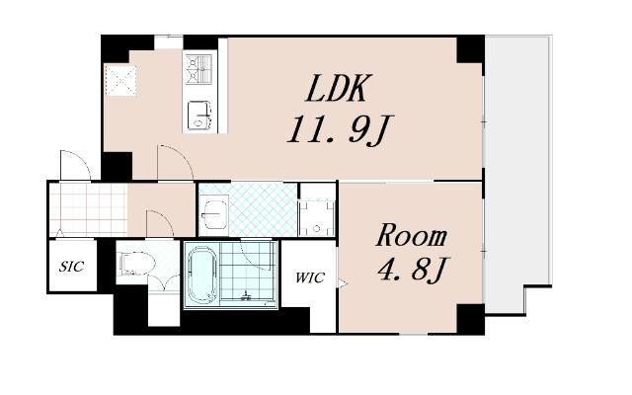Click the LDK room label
pos(337,88)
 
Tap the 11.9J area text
pos(340,129)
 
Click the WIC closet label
pos(309,277)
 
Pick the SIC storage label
pos(72,266)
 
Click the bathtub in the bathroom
pos(203,276)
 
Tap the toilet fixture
pos(137,264)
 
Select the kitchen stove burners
pos(198,69)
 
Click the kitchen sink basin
pos(199,115)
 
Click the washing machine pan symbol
pos(317,218)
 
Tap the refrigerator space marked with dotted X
pos(120,81)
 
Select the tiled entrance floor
pos(89,209)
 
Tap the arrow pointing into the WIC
pos(343,283)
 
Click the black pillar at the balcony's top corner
pos(470,49)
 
